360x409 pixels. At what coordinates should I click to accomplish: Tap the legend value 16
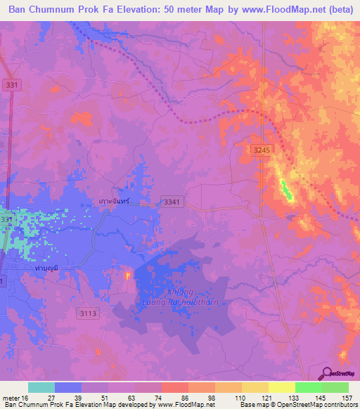click(30, 397)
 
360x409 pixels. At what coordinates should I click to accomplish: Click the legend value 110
click(240, 397)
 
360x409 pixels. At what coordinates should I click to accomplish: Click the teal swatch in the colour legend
click(41, 387)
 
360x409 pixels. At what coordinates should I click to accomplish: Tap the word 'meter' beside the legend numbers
click(11, 397)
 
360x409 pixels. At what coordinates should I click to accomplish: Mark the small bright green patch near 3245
click(286, 188)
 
